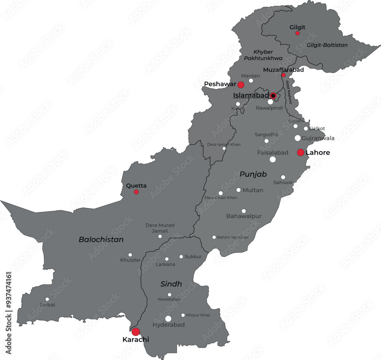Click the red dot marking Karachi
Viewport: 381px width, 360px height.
[x=136, y=331]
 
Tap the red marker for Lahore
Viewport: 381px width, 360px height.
[x=301, y=153]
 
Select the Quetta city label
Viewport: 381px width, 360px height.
[x=136, y=186]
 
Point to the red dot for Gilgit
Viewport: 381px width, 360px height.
[x=298, y=33]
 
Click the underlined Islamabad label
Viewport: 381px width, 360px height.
[x=251, y=96]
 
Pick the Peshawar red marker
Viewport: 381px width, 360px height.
[x=241, y=84]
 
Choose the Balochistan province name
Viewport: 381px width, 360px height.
[x=101, y=240]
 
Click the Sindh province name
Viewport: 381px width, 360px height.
[x=171, y=284]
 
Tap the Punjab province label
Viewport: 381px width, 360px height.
[x=253, y=174]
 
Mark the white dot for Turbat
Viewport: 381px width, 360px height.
[x=47, y=299]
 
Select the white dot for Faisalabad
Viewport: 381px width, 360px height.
[x=273, y=159]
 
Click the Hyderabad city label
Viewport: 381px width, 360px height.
[x=168, y=325]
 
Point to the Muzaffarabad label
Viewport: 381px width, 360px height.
[x=283, y=70]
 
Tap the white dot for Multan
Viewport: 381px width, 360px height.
[x=239, y=190]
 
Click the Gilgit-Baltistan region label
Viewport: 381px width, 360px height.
[x=327, y=45]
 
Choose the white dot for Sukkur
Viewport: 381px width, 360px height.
[x=181, y=256]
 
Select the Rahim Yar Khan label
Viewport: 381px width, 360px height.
[x=232, y=237]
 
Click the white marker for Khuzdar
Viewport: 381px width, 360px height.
[x=130, y=255]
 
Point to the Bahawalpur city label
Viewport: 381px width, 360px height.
[x=244, y=216]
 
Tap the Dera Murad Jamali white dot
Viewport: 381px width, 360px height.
[x=160, y=236]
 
